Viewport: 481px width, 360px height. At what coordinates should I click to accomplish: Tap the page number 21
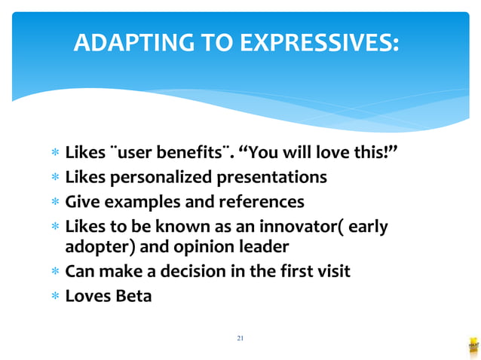point(240,338)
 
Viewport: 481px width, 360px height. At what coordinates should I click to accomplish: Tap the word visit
point(329,271)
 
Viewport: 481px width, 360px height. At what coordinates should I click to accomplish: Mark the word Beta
point(133,295)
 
